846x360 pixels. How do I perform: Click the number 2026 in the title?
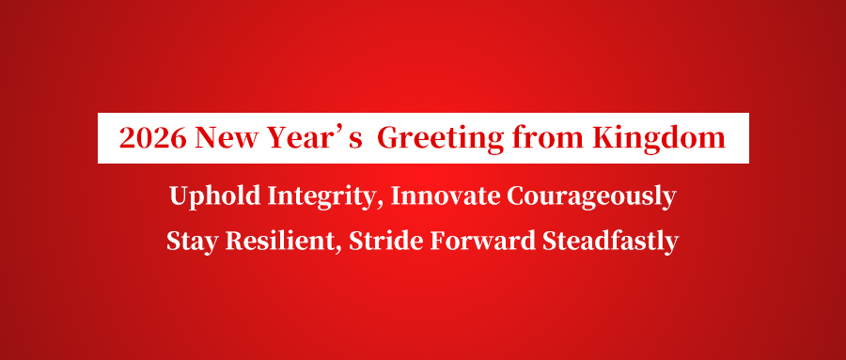pos(153,137)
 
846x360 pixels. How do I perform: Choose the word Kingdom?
pos(658,139)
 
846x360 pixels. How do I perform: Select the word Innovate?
pos(446,196)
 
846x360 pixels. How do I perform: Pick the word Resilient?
pos(282,241)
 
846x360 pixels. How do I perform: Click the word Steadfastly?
pos(610,242)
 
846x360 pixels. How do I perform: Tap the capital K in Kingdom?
pos(603,138)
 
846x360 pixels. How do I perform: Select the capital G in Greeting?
pos(388,138)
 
